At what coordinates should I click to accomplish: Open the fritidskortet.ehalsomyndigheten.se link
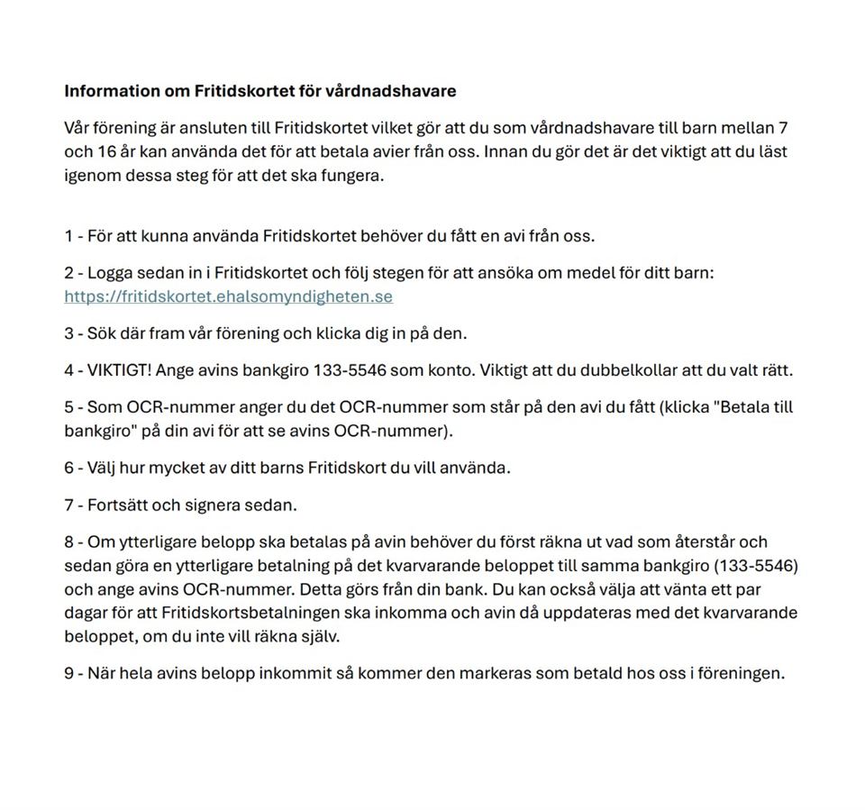tap(228, 296)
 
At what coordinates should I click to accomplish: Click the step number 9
tap(68, 674)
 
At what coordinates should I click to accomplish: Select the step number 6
tap(68, 469)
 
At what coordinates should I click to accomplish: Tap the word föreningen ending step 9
tap(742, 674)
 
